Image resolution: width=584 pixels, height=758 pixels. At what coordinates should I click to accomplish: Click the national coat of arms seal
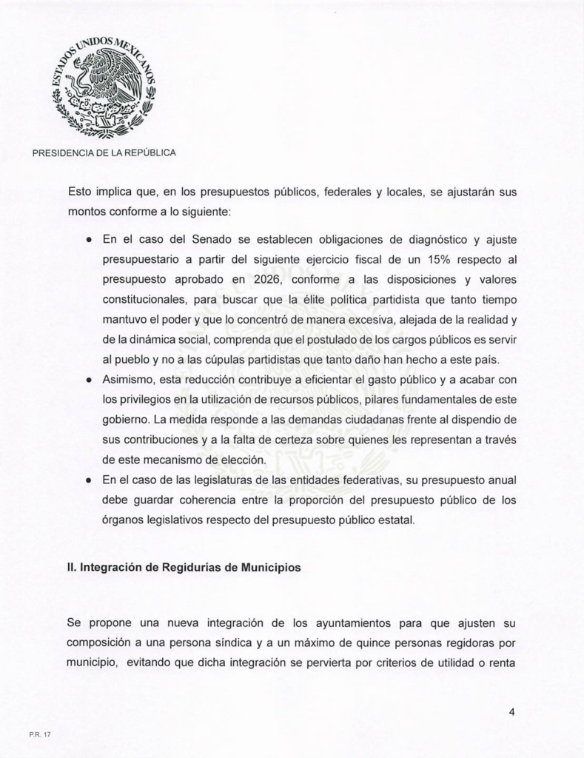104,87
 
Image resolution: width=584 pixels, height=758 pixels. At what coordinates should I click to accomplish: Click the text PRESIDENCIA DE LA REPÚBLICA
104,153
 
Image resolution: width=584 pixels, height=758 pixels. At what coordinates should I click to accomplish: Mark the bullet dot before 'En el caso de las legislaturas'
88,480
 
